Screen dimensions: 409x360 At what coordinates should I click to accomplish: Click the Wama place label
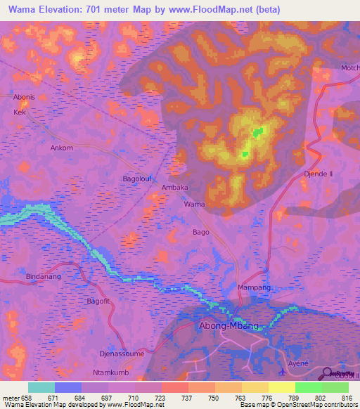point(194,204)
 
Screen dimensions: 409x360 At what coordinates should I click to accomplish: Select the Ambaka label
point(175,188)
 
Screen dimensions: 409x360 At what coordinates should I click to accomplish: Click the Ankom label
point(62,148)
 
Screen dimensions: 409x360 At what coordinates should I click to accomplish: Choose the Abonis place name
point(25,98)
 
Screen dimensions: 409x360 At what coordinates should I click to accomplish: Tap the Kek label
point(20,112)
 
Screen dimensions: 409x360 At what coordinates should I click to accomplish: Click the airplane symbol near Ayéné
point(282,372)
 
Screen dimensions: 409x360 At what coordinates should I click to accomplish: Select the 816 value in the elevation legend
point(345,398)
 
